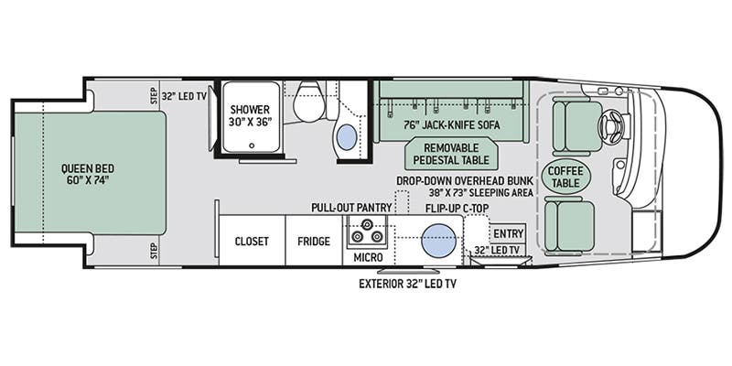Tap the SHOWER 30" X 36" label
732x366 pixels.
(249, 116)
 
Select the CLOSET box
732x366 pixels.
(253, 242)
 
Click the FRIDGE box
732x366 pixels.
(313, 242)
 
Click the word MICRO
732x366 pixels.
(368, 257)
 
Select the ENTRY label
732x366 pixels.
(508, 234)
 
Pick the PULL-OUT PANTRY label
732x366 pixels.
(351, 208)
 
